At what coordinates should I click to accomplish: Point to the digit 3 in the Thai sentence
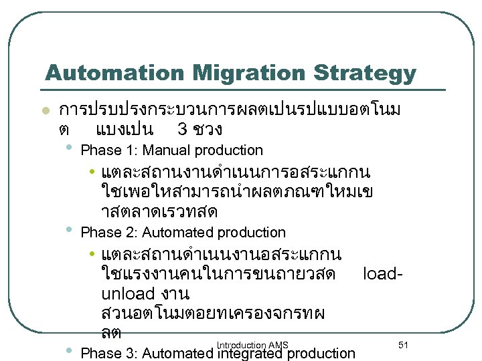[x=181, y=128]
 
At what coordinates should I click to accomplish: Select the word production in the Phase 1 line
[x=229, y=150]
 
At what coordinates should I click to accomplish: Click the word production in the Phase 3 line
[x=323, y=353]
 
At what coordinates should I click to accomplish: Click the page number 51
[x=403, y=344]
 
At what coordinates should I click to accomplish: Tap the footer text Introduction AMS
[x=252, y=345]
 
